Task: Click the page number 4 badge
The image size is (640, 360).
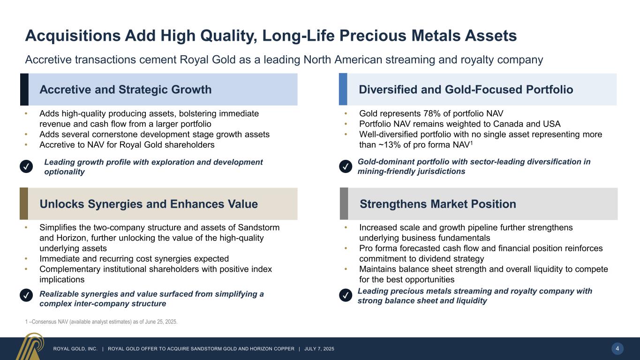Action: point(617,348)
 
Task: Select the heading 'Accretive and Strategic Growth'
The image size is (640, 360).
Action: point(125,90)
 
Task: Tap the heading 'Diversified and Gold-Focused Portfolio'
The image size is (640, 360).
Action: point(466,90)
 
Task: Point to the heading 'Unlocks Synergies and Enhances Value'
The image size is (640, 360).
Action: point(149,204)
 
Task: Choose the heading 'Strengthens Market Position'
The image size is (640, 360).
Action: point(437,204)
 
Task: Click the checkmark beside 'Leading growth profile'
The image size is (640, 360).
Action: point(27,167)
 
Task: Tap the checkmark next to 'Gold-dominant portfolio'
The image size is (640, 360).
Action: point(346,166)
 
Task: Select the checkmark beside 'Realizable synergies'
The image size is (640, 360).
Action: point(27,296)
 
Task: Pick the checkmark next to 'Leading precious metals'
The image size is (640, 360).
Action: point(346,295)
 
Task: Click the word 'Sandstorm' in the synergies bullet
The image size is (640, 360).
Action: point(260,228)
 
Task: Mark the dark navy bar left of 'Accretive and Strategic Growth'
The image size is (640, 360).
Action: point(24,90)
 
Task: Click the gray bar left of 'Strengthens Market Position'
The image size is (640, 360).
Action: point(344,204)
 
